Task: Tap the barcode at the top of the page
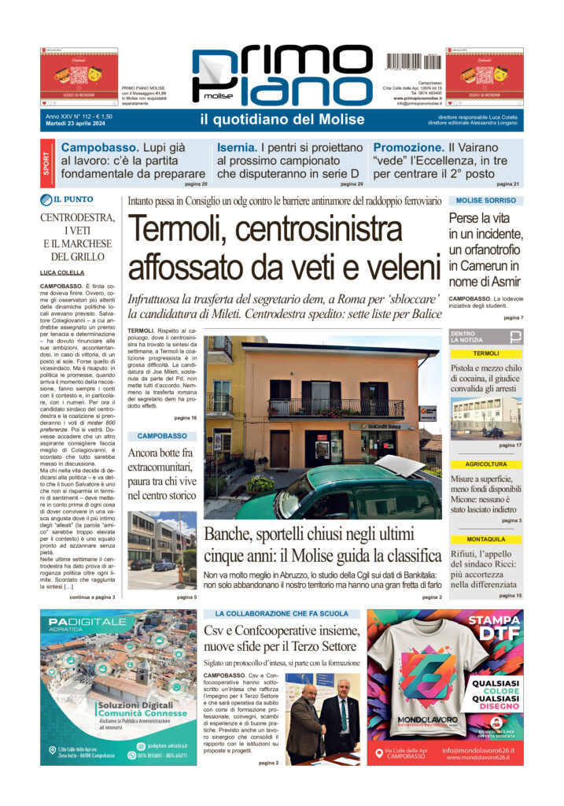click(414, 61)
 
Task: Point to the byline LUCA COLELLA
click(63, 272)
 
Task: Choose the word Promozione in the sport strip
click(407, 147)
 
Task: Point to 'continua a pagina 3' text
click(92, 597)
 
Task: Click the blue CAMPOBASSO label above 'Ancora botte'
click(162, 435)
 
